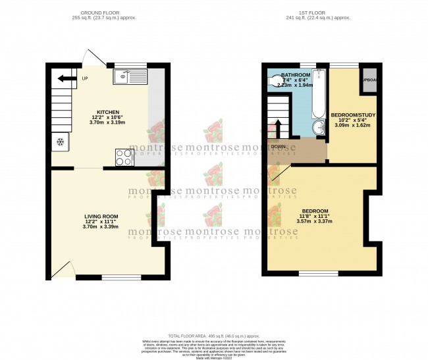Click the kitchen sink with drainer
point(130,78)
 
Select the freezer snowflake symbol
point(61,141)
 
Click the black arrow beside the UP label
point(65,79)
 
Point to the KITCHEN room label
point(107,112)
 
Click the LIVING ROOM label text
point(101,216)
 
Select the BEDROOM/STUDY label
point(352,115)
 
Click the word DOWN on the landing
point(277,147)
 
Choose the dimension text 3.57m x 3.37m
point(314,221)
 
